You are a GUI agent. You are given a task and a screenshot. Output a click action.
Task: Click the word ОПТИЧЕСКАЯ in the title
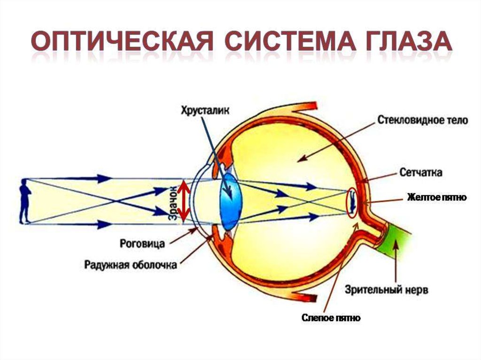pos(122,40)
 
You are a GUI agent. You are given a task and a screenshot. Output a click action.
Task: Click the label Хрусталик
pos(205,110)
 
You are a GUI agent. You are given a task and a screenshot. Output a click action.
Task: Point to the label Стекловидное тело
pos(422,120)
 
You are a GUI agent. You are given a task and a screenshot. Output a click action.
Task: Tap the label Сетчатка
pos(420,172)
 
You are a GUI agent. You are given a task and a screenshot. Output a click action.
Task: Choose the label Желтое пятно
pos(437,197)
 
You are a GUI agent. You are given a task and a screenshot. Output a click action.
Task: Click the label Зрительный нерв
pos(386,290)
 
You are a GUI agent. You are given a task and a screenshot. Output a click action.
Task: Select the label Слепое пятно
pos(331,318)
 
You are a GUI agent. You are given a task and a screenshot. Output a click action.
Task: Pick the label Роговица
pos(142,244)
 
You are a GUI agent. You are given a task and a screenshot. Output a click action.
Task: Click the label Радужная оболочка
pos(131,265)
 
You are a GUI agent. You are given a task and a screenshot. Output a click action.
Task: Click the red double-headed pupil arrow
pos(184,201)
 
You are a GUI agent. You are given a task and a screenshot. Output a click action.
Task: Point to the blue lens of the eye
pos(231,201)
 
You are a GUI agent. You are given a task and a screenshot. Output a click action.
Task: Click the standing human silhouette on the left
pos(25,201)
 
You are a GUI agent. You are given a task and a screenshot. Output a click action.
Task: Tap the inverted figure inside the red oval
pos(353,202)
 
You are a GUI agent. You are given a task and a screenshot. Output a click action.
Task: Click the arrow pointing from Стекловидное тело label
pos(337,141)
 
